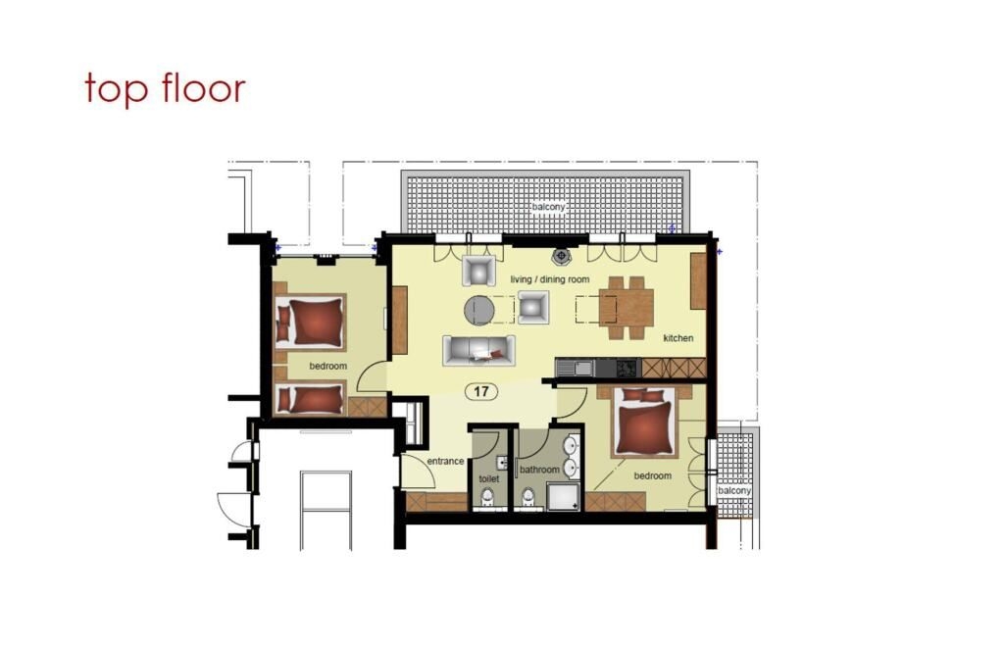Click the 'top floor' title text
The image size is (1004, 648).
[165, 88]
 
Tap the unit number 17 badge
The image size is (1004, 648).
[481, 391]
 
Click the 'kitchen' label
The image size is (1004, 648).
[678, 338]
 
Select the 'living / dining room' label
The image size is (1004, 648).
[550, 279]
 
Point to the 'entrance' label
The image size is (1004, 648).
[445, 461]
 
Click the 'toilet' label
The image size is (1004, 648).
[489, 478]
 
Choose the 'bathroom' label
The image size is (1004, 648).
[540, 470]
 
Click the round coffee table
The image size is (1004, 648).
[479, 311]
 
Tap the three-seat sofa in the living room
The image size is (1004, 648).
[478, 350]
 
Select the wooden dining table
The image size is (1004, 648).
[627, 308]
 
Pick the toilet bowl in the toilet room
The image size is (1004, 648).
[488, 498]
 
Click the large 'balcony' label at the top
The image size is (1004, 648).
[549, 208]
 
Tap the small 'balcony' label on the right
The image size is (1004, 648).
[734, 490]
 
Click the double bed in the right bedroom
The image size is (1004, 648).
[644, 423]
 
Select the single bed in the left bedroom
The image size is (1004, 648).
[311, 398]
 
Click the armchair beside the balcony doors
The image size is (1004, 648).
[478, 271]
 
